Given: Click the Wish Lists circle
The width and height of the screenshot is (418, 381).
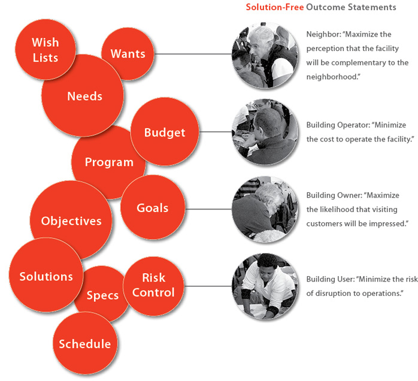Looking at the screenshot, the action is pyautogui.click(x=46, y=50).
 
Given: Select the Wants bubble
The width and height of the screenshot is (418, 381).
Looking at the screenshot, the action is pyautogui.click(x=128, y=53).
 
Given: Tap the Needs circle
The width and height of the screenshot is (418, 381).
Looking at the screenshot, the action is pyautogui.click(x=83, y=95).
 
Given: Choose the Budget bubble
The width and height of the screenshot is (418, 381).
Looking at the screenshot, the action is pyautogui.click(x=165, y=132).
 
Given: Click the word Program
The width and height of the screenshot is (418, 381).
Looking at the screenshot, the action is pyautogui.click(x=109, y=162).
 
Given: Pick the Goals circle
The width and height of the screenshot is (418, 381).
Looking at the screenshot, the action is pyautogui.click(x=153, y=207).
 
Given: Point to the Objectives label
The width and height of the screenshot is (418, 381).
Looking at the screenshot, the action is pyautogui.click(x=71, y=221).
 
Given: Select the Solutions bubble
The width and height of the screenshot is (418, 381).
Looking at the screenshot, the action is pyautogui.click(x=46, y=275).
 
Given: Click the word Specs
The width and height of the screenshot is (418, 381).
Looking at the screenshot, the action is pyautogui.click(x=102, y=295).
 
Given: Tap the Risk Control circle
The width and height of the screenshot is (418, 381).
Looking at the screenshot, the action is pyautogui.click(x=153, y=286).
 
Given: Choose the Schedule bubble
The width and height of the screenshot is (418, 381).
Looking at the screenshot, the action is pyautogui.click(x=85, y=344).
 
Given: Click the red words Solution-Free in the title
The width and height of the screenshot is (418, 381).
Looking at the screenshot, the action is pyautogui.click(x=275, y=7).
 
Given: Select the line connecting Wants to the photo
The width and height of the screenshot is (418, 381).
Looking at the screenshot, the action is pyautogui.click(x=193, y=54).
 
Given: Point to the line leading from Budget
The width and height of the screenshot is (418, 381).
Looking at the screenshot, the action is pyautogui.click(x=216, y=132).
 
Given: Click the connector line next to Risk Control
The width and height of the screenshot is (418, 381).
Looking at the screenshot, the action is pyautogui.click(x=208, y=286).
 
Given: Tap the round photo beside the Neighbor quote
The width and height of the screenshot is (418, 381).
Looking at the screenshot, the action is pyautogui.click(x=265, y=56).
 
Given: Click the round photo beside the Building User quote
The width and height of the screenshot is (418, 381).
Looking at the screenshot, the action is pyautogui.click(x=265, y=286).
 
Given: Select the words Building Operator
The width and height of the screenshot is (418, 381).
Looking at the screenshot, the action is pyautogui.click(x=337, y=125).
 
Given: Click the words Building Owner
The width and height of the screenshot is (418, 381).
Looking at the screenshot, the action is pyautogui.click(x=333, y=195).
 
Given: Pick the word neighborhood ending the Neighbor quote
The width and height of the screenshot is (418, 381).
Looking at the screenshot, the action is pyautogui.click(x=331, y=77).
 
